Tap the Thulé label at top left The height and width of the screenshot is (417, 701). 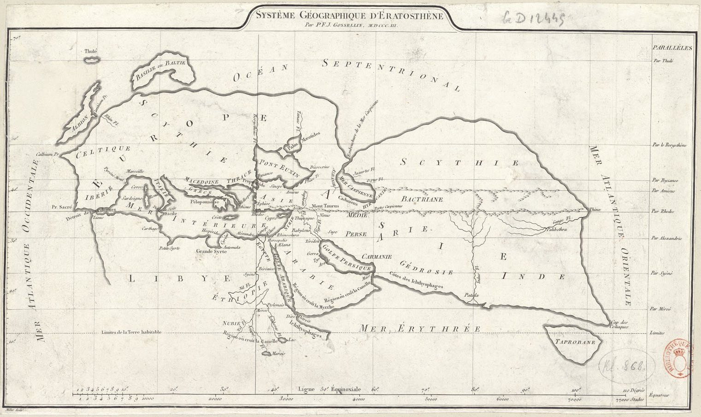[91, 52]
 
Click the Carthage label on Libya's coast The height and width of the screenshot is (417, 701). [150, 228]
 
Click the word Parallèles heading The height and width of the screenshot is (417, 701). [669, 48]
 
